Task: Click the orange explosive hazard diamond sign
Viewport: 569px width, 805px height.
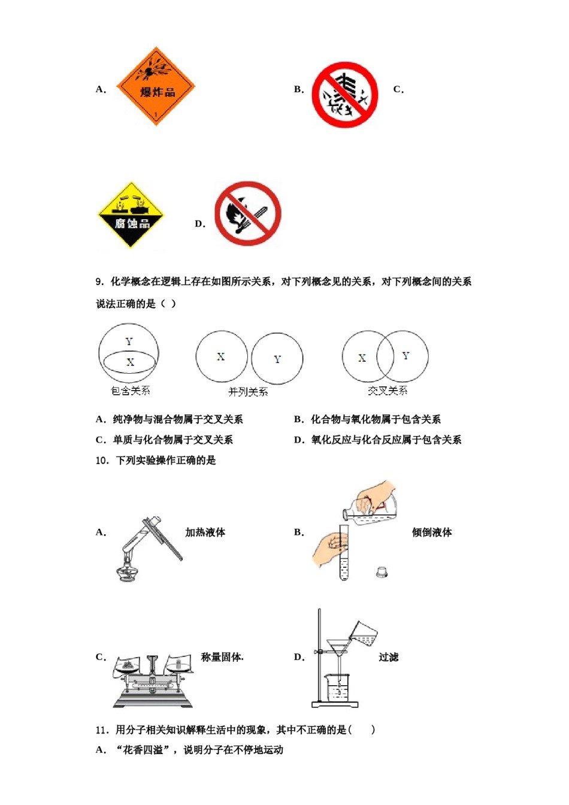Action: tap(156, 87)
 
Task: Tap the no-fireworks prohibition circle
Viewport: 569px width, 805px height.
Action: tap(345, 95)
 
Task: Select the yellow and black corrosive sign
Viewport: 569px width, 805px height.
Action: tap(131, 215)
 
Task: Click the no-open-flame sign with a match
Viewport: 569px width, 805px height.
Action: tap(247, 213)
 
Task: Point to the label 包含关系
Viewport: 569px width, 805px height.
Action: tap(130, 391)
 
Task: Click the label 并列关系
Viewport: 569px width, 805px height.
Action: tap(248, 392)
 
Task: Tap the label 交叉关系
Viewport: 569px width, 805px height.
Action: tap(387, 391)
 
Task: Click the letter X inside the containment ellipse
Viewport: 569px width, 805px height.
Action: tap(131, 362)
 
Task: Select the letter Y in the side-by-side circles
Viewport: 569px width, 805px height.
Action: tap(277, 359)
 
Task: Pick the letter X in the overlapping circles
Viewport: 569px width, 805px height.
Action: tap(362, 358)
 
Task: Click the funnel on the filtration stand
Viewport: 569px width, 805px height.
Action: tap(338, 647)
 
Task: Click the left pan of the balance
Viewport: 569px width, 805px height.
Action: tap(127, 665)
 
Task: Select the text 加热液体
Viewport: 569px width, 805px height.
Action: tap(205, 532)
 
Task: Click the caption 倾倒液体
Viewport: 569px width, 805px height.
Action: tap(431, 532)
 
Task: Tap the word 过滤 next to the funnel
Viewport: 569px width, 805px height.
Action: tap(388, 657)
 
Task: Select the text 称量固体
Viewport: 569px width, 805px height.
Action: tap(222, 657)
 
